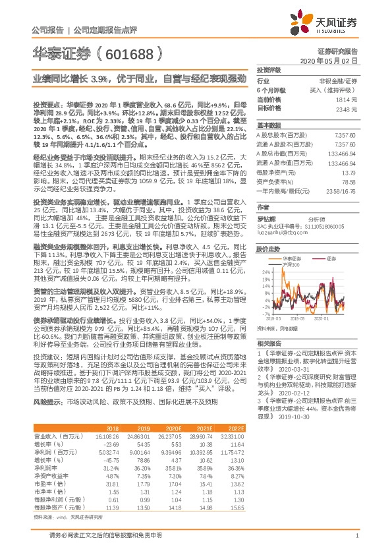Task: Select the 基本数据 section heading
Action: (x=269, y=125)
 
